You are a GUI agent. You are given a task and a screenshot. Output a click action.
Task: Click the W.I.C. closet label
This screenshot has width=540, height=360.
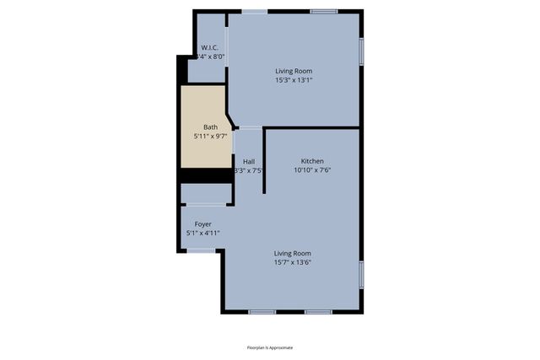pos(209,47)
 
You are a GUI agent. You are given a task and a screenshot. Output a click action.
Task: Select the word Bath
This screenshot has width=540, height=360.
pos(210,127)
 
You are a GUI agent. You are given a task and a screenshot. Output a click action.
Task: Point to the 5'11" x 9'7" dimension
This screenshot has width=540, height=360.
pos(210,137)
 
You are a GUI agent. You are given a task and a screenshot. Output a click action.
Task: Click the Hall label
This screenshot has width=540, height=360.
pos(249,161)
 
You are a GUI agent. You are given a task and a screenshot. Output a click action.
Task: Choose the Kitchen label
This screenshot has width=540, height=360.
pos(312,161)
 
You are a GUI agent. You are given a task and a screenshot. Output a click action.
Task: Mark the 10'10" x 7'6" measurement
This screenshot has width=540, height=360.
pos(312,169)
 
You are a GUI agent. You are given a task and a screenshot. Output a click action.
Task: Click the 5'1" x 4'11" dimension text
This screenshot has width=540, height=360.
pos(202,233)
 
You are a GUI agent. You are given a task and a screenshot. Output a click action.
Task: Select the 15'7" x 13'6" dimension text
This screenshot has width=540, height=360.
pos(293,262)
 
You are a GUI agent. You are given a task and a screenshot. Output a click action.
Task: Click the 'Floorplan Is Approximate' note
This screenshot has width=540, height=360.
pos(270,347)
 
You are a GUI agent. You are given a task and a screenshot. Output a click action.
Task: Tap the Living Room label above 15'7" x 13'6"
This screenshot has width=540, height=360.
pos(293,253)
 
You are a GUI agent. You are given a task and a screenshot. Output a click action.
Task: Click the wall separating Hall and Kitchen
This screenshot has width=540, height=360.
pos(265,160)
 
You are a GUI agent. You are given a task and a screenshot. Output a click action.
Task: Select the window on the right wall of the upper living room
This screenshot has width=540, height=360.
pos(362,51)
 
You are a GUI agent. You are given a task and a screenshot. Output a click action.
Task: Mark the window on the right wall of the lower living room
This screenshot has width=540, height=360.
pos(362,275)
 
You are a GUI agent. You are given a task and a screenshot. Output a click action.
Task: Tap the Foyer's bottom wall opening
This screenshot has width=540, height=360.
pos(201,250)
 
